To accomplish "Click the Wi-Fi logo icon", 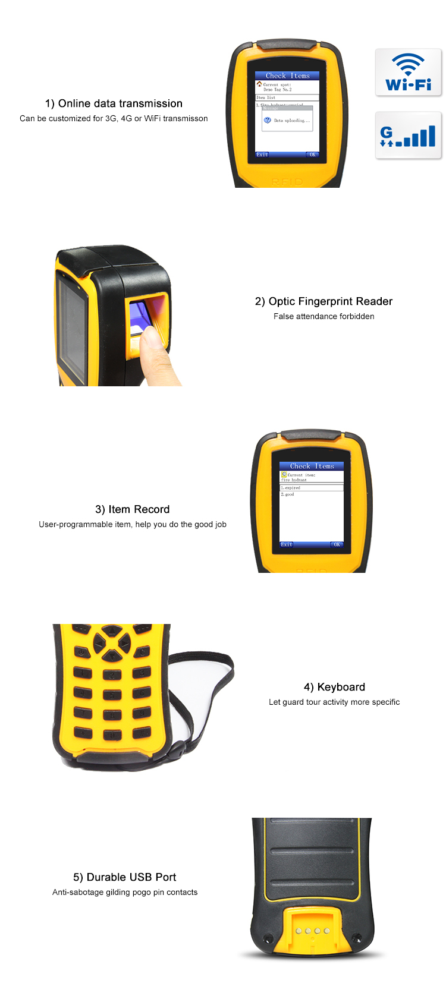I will (x=409, y=73).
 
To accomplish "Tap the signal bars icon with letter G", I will (x=409, y=135).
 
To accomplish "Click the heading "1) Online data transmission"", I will (x=114, y=103).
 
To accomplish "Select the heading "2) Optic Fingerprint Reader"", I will (x=323, y=301).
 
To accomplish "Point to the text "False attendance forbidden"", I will (x=323, y=316).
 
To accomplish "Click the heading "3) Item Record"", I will (x=132, y=509).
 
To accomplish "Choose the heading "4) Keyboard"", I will (x=334, y=687).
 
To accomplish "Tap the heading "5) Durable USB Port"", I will (x=125, y=877).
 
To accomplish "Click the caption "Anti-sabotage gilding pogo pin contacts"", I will (x=125, y=892).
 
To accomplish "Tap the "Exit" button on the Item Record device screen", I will (x=287, y=544).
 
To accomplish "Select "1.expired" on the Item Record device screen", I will (x=291, y=488).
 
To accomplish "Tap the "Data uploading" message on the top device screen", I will (x=291, y=121).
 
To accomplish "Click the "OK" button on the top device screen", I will (x=312, y=155).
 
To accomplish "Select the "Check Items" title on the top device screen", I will (x=287, y=76).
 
